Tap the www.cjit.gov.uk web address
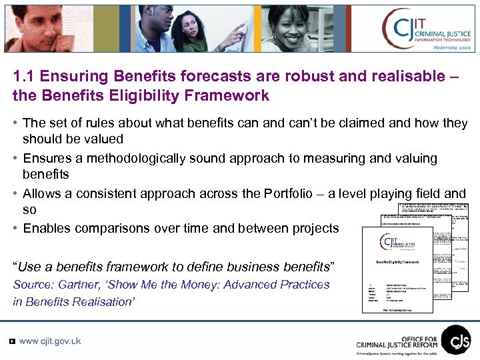(50, 341)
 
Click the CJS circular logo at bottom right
(456, 339)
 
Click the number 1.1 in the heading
(24, 76)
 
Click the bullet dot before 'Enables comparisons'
(15, 228)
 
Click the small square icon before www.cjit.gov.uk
(12, 341)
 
